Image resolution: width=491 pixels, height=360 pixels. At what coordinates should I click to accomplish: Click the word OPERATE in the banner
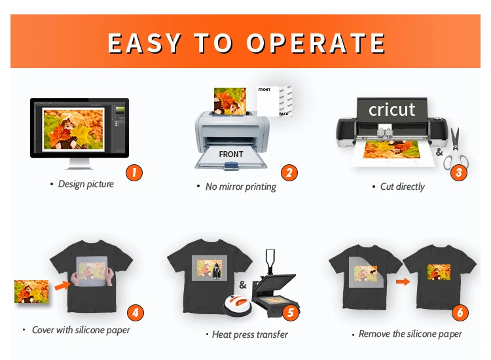click(x=316, y=43)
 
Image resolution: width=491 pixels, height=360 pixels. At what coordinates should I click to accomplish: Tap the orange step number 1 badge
click(x=134, y=173)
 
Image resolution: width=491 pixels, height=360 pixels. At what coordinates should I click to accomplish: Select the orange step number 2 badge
click(x=289, y=173)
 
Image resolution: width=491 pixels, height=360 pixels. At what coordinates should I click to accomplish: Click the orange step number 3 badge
click(x=459, y=172)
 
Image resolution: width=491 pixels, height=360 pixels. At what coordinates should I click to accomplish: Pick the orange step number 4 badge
click(x=136, y=312)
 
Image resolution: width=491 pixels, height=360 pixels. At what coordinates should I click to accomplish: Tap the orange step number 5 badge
click(x=290, y=312)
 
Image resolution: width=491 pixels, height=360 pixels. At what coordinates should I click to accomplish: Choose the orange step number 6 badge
click(x=460, y=312)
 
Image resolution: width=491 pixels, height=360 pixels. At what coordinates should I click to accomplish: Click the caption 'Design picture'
click(x=86, y=184)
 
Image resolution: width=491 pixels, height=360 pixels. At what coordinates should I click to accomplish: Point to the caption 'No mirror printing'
click(x=240, y=187)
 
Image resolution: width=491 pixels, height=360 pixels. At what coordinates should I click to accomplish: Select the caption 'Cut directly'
click(x=403, y=187)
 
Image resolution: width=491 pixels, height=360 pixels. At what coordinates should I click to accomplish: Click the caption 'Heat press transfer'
click(x=250, y=334)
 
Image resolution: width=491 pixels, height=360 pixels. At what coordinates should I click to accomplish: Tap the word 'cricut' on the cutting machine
click(x=391, y=109)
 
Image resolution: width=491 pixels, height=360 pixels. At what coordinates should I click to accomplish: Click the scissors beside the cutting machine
click(x=456, y=149)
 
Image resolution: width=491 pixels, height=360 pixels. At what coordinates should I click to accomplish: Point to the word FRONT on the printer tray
click(x=231, y=154)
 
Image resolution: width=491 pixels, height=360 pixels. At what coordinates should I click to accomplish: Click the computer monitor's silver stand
click(x=79, y=164)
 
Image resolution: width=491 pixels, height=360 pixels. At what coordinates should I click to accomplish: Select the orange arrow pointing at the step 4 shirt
click(x=62, y=285)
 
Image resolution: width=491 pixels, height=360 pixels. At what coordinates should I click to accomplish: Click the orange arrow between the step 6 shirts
click(x=403, y=281)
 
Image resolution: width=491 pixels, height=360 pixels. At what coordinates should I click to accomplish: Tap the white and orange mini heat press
click(x=237, y=304)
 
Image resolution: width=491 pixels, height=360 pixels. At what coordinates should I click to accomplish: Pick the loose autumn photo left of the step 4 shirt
click(x=31, y=292)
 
